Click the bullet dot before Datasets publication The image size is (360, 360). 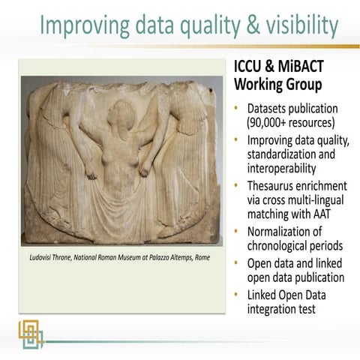click(x=238, y=106)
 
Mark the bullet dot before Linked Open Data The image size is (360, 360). click(x=238, y=293)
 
